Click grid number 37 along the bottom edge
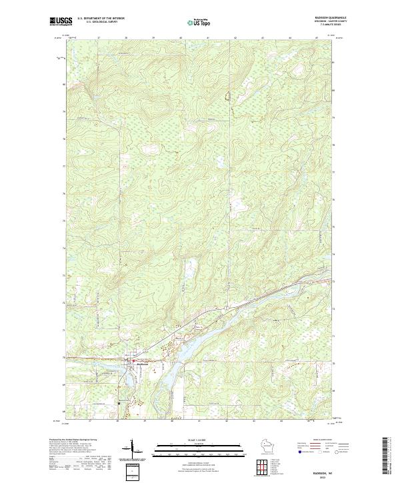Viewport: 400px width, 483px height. point(99,421)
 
